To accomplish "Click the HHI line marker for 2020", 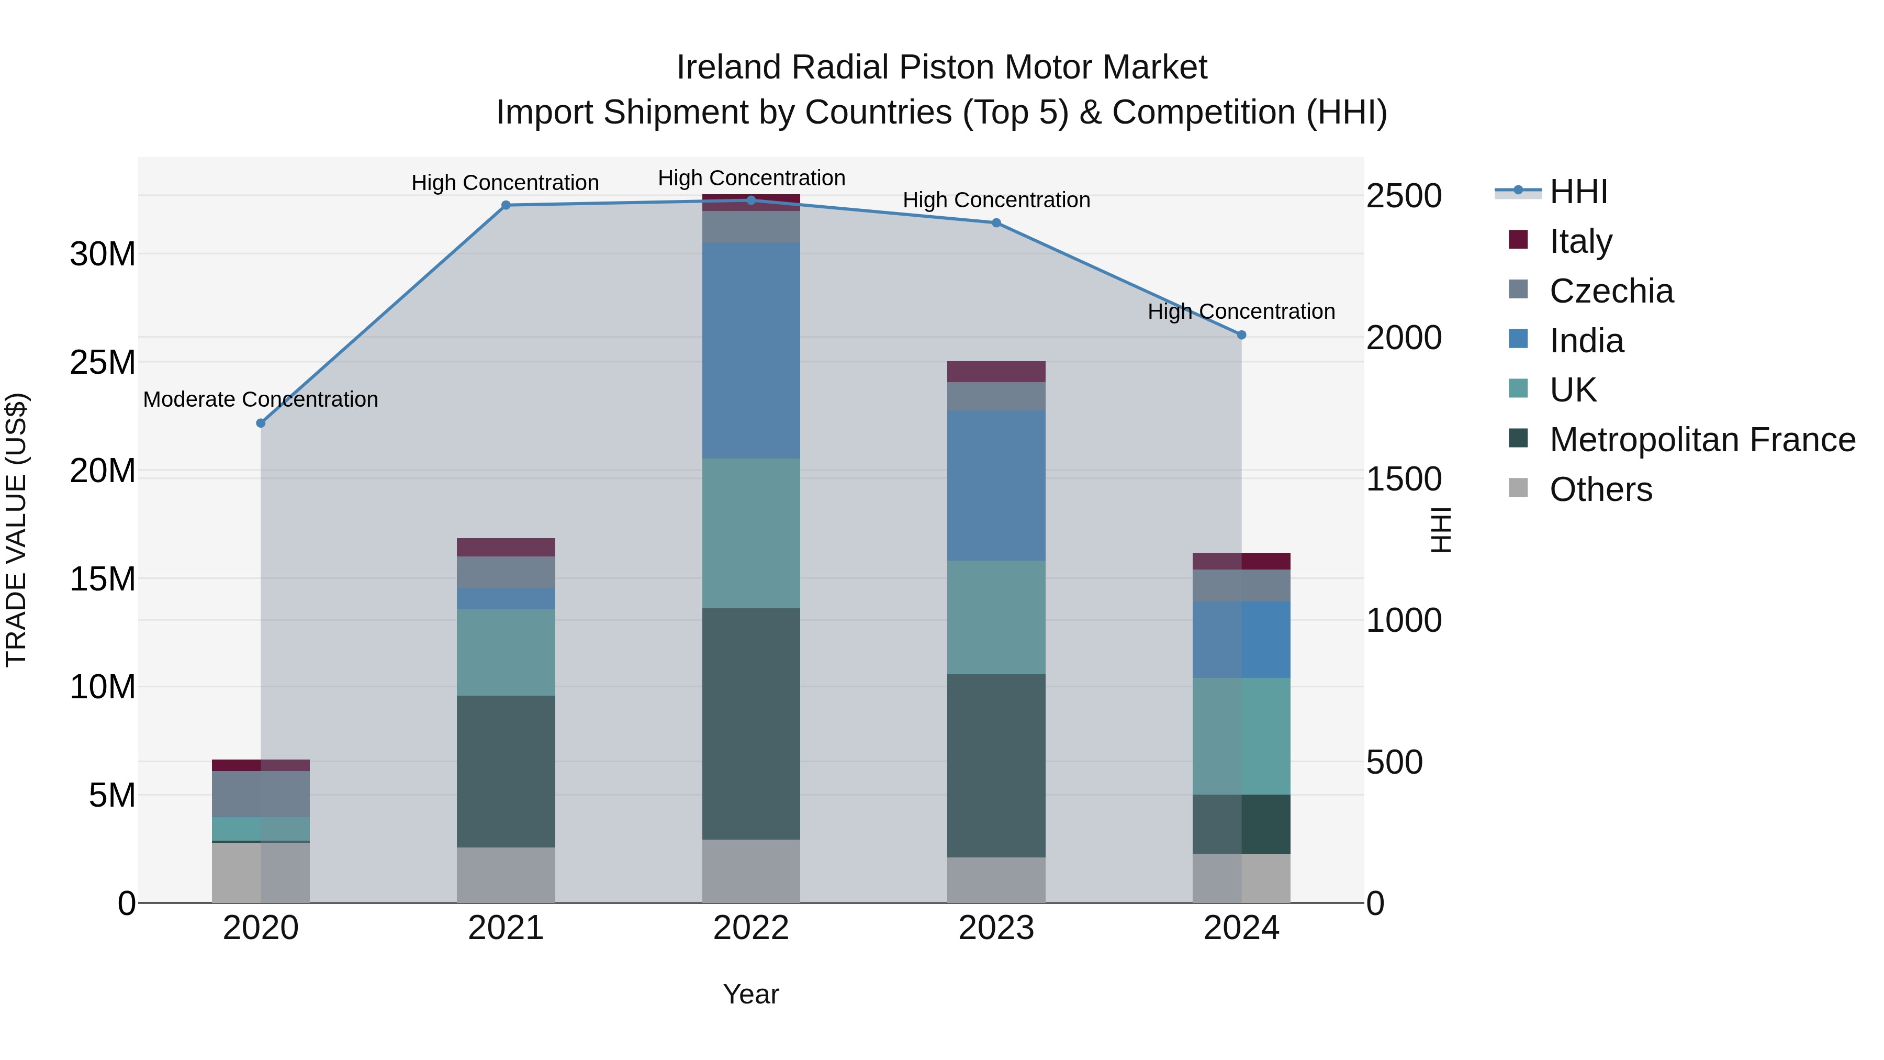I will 261,423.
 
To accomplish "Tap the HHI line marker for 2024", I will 1241,335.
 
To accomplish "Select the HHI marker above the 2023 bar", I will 996,223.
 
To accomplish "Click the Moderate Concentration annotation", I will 261,399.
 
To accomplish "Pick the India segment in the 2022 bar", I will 751,350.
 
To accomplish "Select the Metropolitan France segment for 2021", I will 506,771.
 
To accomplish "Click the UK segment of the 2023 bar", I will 996,618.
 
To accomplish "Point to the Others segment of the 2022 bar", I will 751,871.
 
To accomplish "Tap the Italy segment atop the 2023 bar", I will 996,372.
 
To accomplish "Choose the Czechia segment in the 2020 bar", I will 261,794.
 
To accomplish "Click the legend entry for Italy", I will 1580,241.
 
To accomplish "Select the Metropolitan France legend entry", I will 1701,440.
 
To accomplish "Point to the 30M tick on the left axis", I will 103,254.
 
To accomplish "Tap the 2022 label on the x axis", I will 751,928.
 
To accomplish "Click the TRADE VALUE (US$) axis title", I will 16,530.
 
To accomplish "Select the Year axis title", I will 751,994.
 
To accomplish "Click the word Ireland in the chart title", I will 728,68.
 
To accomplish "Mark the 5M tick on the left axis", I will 112,795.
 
